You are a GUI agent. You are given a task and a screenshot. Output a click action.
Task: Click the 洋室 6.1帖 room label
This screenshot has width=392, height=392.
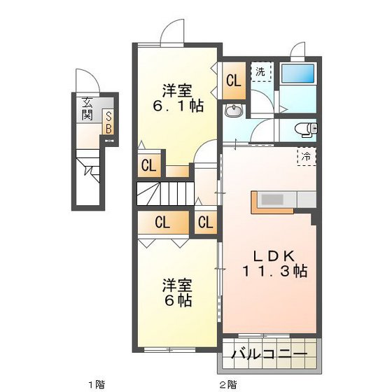click(x=178, y=99)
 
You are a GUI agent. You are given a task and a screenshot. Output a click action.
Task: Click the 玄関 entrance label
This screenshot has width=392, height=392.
click(x=88, y=108)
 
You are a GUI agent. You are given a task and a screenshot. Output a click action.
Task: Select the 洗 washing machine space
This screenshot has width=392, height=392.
click(x=260, y=71)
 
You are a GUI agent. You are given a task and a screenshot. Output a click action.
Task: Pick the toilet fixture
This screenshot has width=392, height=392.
click(x=305, y=129)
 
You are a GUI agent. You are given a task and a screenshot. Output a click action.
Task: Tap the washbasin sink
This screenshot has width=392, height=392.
click(x=233, y=111)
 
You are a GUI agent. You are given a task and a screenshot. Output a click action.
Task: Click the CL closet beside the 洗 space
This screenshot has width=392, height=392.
click(x=232, y=79)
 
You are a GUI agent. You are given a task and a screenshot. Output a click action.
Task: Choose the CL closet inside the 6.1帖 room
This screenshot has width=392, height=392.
click(x=148, y=166)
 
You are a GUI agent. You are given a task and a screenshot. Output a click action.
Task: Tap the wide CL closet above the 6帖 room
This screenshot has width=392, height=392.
click(x=162, y=224)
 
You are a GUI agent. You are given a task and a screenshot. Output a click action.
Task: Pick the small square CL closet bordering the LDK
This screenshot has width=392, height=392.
click(x=205, y=224)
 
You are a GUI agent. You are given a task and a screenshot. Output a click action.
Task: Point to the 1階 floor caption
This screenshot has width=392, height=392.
click(x=96, y=384)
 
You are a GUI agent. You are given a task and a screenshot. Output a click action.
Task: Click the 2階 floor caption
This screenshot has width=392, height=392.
click(x=227, y=384)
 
